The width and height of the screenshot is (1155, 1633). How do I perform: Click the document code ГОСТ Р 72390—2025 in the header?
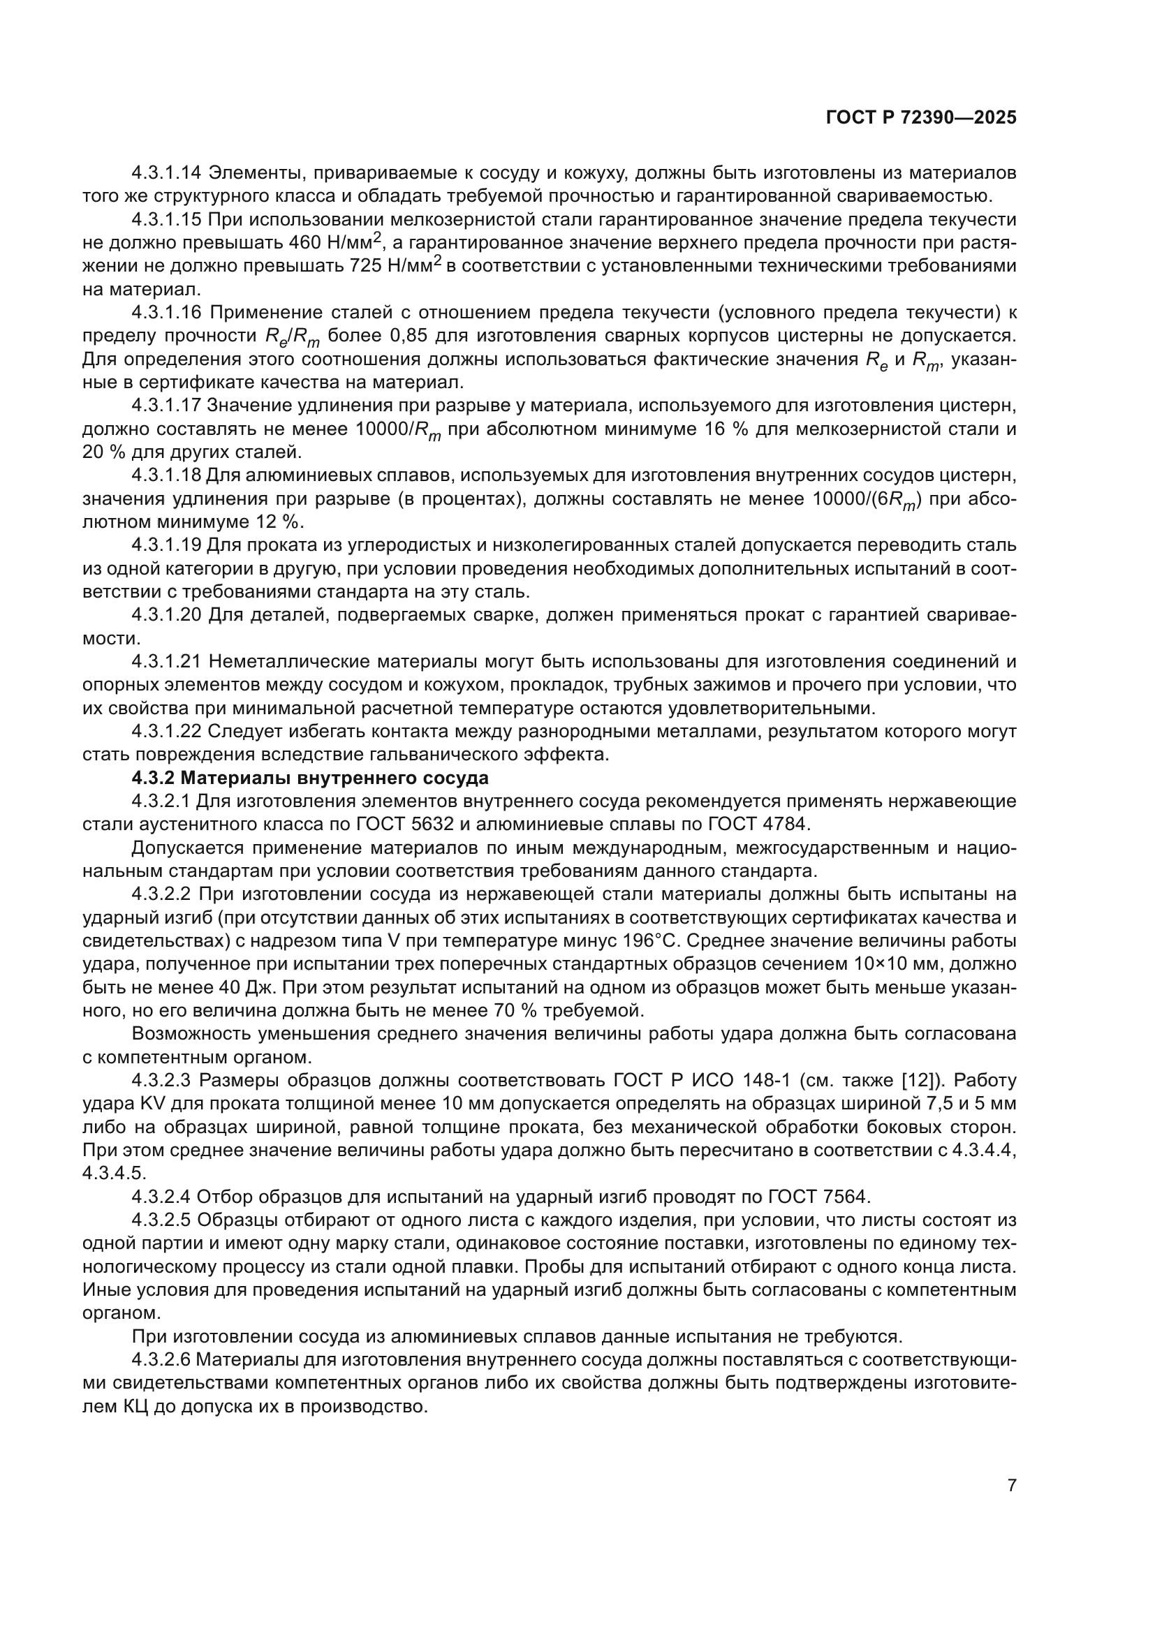tap(921, 118)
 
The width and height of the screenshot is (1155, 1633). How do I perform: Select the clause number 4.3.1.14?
tap(167, 173)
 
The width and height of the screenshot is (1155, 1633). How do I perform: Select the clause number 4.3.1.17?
tap(167, 406)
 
